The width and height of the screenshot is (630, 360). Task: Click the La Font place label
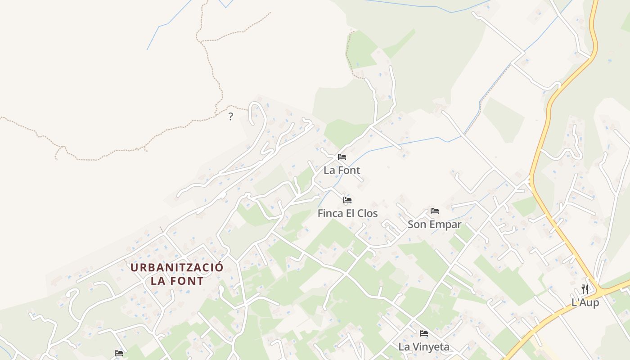tap(342, 171)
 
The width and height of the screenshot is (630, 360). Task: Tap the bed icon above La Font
tap(342, 157)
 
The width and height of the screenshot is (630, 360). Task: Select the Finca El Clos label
tap(347, 213)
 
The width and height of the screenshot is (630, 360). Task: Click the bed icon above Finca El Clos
tap(347, 200)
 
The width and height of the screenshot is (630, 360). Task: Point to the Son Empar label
tap(434, 224)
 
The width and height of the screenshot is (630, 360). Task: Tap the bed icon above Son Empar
tap(434, 211)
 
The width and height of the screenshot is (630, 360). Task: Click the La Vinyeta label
tap(424, 346)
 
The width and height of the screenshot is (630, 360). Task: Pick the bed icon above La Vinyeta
tap(424, 333)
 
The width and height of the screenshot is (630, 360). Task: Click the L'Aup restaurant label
tap(585, 302)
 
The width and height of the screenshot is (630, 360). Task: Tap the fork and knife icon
tap(585, 289)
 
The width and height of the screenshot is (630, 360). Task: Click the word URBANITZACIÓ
tap(177, 267)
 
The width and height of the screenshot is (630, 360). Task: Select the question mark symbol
tap(231, 117)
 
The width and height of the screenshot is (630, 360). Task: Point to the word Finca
tap(330, 213)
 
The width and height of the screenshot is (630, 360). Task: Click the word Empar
tap(444, 224)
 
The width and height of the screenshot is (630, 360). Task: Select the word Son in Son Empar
tap(416, 224)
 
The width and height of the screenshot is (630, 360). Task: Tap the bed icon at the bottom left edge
tap(119, 353)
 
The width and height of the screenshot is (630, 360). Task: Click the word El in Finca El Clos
tap(350, 213)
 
